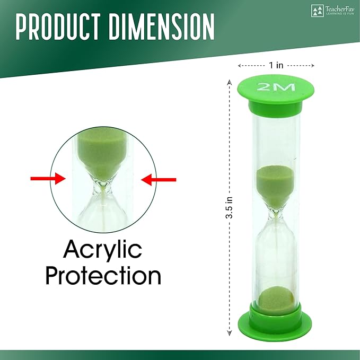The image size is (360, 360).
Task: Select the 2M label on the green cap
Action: [276, 87]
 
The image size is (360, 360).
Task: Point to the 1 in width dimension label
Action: [276, 65]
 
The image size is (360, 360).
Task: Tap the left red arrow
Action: [47, 180]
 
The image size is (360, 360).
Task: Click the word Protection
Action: [103, 276]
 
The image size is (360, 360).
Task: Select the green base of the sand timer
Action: [276, 318]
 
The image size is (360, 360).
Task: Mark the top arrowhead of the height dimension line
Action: [230, 83]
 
